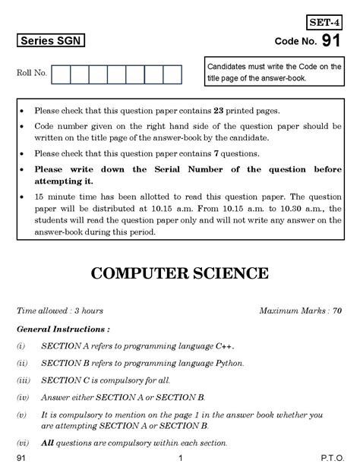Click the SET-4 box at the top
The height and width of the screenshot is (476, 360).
coord(324,23)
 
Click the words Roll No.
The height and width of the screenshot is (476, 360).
coord(32,73)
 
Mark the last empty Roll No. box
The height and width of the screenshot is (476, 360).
coord(172,74)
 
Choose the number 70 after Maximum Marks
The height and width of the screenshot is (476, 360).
coord(336,311)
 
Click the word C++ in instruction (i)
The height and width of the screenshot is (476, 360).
coord(225,345)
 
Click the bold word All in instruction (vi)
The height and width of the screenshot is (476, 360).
coord(47,443)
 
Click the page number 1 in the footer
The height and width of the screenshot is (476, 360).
coord(180,460)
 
